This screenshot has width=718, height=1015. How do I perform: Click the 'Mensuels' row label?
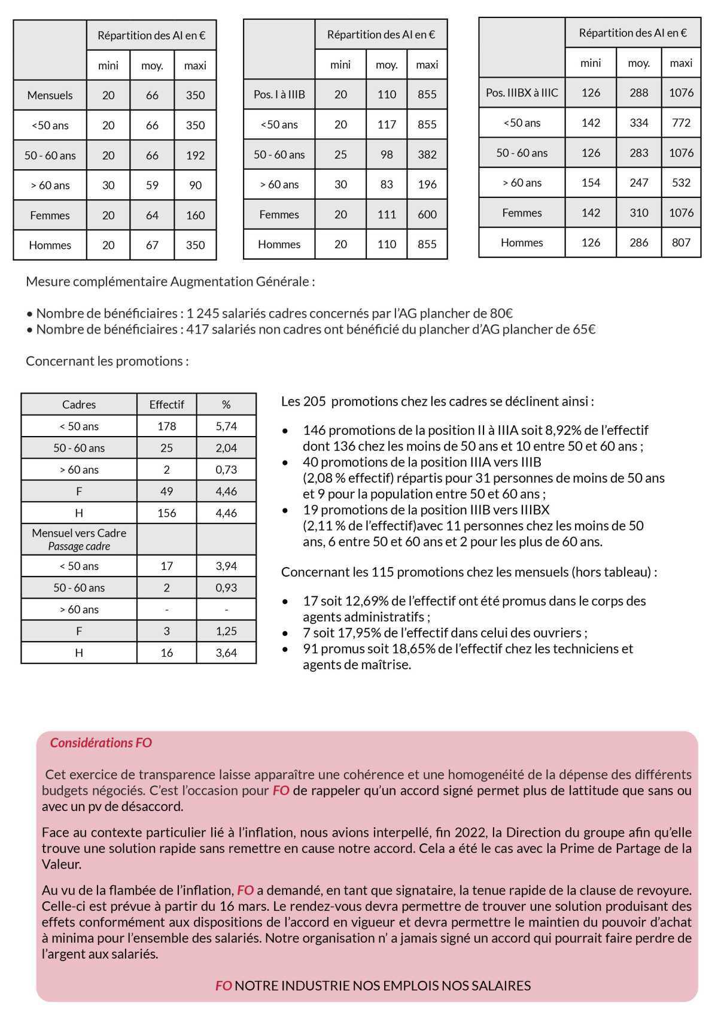[x=50, y=95]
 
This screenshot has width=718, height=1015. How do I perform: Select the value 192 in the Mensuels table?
[x=195, y=156]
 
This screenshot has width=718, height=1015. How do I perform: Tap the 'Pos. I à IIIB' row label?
[x=279, y=95]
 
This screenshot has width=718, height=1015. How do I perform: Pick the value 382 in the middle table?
[x=427, y=154]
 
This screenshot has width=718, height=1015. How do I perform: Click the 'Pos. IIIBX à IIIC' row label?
[x=522, y=93]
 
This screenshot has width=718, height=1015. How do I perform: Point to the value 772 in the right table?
[x=681, y=123]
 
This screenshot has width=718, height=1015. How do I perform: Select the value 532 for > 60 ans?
[x=681, y=182]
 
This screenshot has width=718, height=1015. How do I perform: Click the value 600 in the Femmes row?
[x=427, y=214]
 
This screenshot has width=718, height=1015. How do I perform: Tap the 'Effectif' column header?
[x=166, y=404]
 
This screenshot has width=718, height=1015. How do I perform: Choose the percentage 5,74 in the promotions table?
[x=226, y=426]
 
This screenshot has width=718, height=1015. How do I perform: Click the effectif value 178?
[x=166, y=426]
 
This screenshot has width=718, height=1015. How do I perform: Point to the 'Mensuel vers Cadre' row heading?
[x=79, y=533]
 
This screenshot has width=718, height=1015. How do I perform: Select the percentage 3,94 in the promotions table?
[x=226, y=566]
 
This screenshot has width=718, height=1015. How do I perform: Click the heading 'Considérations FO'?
[x=101, y=743]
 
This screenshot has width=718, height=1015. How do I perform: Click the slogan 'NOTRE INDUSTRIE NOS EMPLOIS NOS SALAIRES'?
[x=382, y=985]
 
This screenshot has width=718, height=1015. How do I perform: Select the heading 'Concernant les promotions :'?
[x=107, y=361]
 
